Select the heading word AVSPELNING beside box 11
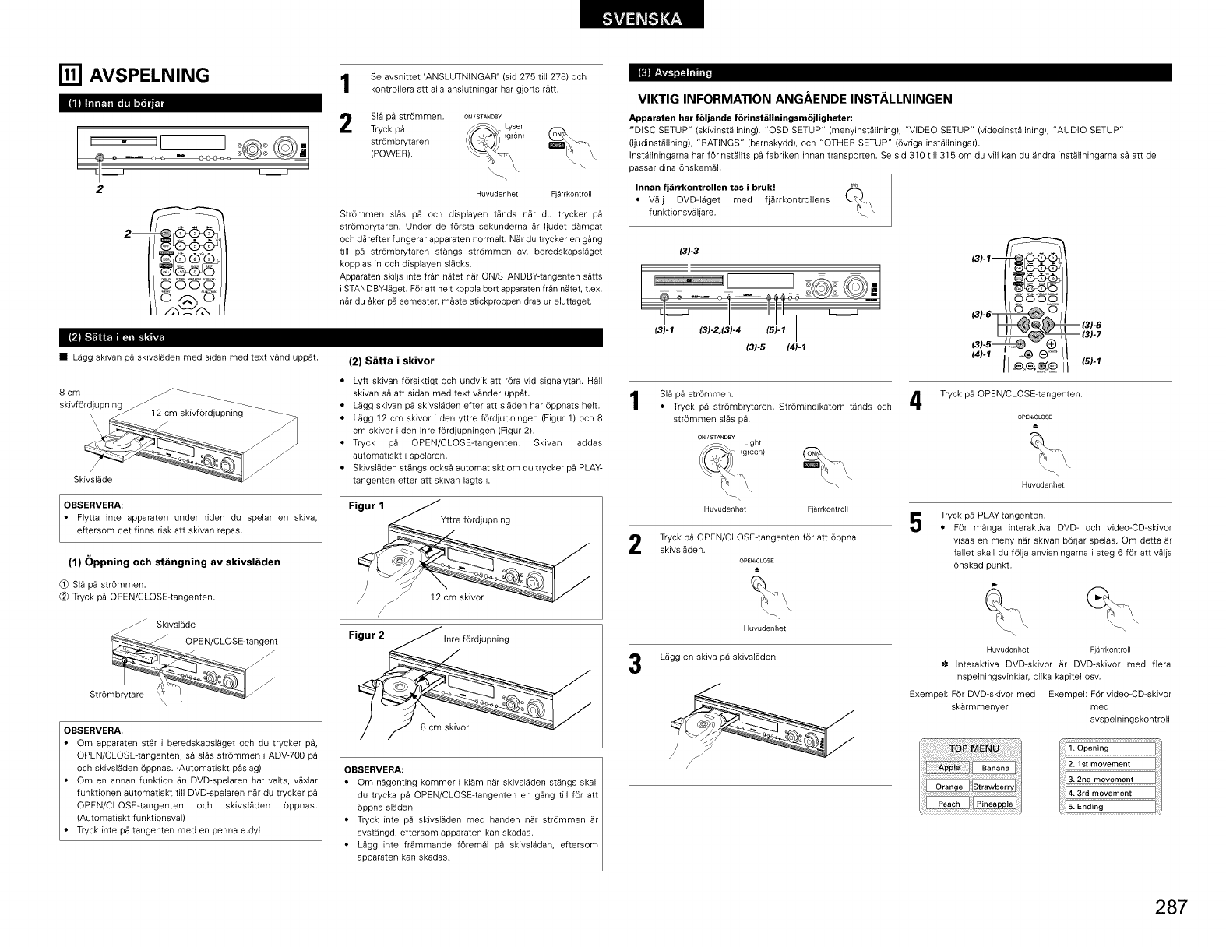pos(151,75)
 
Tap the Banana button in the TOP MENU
pos(995,769)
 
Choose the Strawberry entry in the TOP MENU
pos(995,787)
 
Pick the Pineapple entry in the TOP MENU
pos(995,804)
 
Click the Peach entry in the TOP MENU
pos(949,804)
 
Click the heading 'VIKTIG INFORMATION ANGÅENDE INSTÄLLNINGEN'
pos(795,99)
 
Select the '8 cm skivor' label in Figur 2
pos(445,727)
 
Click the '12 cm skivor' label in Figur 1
pos(456,597)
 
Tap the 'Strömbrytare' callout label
pos(117,695)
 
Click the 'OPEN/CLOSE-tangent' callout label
pos(231,642)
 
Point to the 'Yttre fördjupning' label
pos(475,520)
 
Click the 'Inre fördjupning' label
pos(476,639)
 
